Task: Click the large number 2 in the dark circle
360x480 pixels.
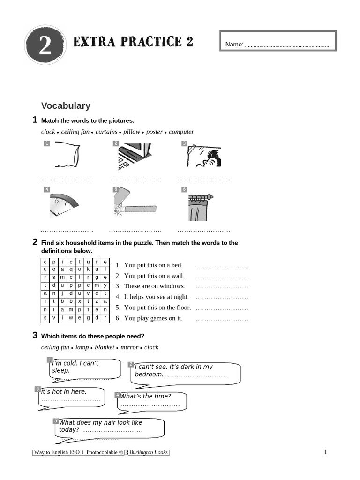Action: (45, 47)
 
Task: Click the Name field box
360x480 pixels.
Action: (278, 44)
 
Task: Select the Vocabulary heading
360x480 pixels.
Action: (66, 106)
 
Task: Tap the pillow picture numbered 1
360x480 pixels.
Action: (67, 156)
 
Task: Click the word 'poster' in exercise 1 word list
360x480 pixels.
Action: (154, 132)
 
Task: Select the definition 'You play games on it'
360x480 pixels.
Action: (153, 318)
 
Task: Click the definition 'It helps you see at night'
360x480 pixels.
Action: (156, 297)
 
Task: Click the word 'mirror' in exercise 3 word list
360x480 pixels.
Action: (129, 347)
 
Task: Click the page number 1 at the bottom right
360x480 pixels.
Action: (325, 452)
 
